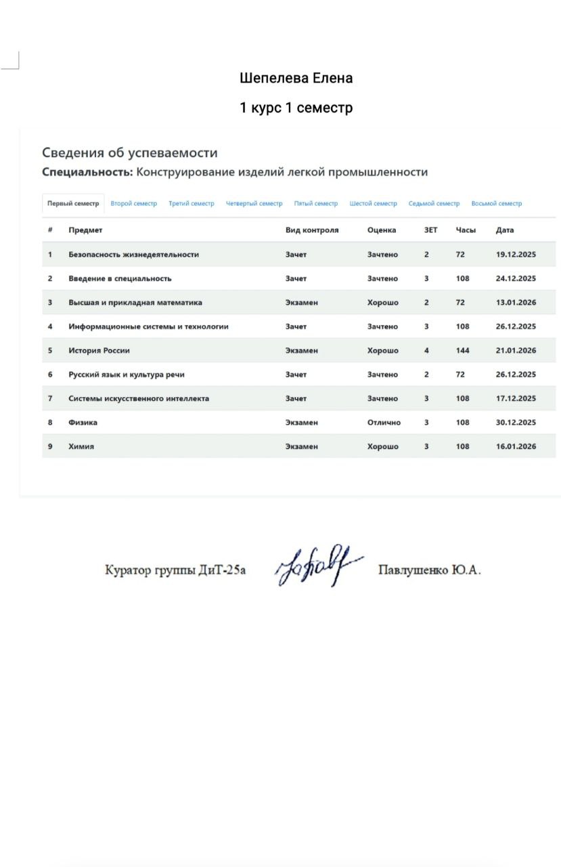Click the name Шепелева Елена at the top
coord(296,79)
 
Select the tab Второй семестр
coord(133,204)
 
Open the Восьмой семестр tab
coord(497,204)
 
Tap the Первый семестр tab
coord(73,204)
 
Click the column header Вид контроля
coord(312,230)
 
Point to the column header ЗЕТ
coord(430,230)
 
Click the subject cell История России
coord(99,351)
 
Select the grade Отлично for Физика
coord(384,423)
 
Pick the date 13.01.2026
coord(516,303)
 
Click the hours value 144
coord(463,351)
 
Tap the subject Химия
coord(81,447)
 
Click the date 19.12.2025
coord(516,255)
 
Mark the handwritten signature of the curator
coord(317,566)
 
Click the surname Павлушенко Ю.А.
coord(430,570)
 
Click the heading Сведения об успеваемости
coord(130,153)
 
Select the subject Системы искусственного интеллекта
coord(139,399)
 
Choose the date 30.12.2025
coord(516,423)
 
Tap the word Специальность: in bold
coord(87,172)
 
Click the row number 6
coord(50,375)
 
